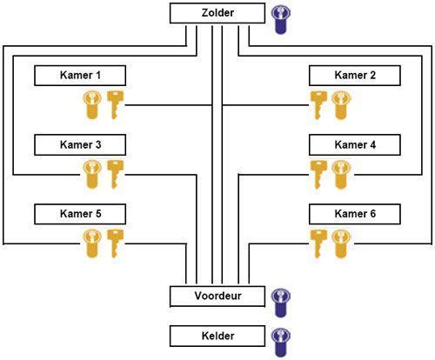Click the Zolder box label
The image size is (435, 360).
[x=217, y=13]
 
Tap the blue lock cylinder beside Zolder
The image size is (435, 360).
[x=280, y=20]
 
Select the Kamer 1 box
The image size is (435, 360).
[x=80, y=76]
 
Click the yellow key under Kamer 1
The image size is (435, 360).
[x=115, y=105]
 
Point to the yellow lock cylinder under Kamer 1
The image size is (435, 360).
[x=92, y=105]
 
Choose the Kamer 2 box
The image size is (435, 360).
[x=355, y=76]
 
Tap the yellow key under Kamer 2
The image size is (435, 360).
[x=318, y=105]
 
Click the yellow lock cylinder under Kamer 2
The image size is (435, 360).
[x=341, y=105]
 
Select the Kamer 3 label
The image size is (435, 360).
[x=80, y=144]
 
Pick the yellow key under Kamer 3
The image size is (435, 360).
[x=115, y=175]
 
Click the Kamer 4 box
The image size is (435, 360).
[x=355, y=144]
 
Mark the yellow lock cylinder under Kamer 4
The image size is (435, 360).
[x=341, y=175]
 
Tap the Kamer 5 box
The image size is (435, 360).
[x=80, y=214]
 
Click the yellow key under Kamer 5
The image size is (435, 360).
[x=115, y=243]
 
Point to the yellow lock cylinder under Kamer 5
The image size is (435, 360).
[x=92, y=243]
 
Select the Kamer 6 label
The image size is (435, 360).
[x=355, y=214]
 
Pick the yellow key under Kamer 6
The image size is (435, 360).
[x=318, y=243]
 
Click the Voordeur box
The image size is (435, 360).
[x=217, y=297]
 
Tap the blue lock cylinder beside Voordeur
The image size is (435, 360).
[x=280, y=303]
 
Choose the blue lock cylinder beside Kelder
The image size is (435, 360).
[x=280, y=343]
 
